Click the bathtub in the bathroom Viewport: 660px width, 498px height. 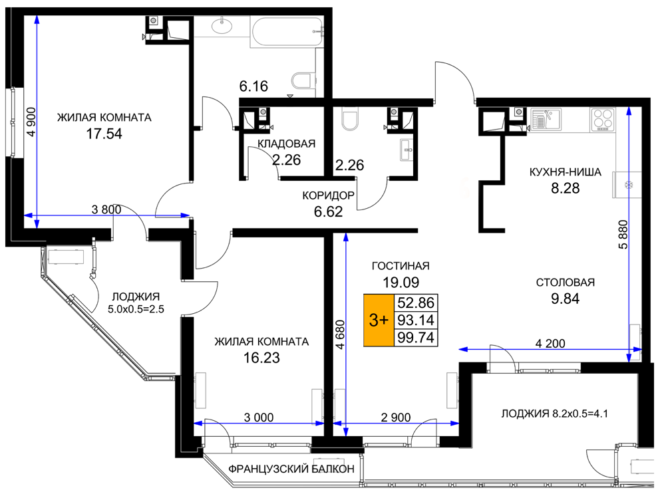click(287, 31)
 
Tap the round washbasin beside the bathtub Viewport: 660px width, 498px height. click(222, 26)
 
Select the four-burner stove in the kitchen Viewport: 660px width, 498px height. click(603, 119)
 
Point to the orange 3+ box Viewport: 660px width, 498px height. click(379, 320)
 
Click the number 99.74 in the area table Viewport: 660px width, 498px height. click(416, 338)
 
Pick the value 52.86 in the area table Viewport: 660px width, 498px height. click(416, 303)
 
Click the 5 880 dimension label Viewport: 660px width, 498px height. click(623, 234)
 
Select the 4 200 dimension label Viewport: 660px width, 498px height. click(550, 344)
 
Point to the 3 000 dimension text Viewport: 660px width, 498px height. click(259, 418)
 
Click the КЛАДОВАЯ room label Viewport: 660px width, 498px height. click(287, 144)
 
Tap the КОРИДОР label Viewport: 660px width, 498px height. click(328, 195)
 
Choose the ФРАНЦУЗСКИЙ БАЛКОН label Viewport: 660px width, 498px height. click(291, 469)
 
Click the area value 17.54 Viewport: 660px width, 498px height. click(104, 134)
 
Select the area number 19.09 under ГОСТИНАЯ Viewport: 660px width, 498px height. click(401, 282)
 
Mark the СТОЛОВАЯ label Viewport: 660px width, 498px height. click(566, 282)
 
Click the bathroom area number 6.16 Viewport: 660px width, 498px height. click(253, 86)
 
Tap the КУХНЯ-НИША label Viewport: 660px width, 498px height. click(566, 172)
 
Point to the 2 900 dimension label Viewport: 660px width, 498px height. click(396, 418)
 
